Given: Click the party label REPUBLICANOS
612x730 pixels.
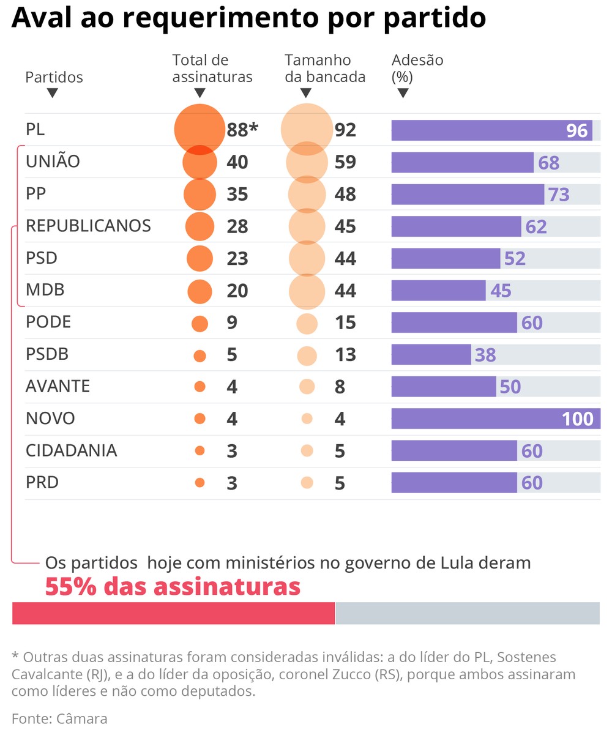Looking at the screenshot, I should click(88, 226).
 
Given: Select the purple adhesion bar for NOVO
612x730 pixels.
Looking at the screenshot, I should click(477, 419).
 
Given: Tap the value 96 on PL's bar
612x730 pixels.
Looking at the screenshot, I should click(577, 130).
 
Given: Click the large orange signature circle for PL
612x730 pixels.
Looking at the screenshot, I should click(200, 129).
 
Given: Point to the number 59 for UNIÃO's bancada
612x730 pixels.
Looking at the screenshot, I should click(345, 162).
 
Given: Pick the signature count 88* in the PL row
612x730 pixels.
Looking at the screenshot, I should click(242, 130).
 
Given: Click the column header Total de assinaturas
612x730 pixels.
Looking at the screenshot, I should click(212, 69).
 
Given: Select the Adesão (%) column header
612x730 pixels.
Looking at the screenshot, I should click(417, 69).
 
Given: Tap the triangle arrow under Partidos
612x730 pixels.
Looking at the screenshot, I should click(52, 93).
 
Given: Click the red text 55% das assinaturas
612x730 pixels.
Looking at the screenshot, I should click(173, 586).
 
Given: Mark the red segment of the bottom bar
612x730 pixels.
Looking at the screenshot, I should click(173, 613).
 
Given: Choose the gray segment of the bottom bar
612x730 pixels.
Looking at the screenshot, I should click(468, 613).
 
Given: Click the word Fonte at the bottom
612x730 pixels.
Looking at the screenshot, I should click(31, 718).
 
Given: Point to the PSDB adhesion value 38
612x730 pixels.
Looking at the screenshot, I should click(485, 355).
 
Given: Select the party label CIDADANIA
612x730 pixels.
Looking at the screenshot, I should click(71, 450).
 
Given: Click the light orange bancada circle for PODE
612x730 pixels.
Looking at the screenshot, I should click(307, 323).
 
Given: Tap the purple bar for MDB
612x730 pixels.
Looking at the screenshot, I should click(438, 290).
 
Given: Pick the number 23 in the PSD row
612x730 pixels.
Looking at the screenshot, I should click(237, 258).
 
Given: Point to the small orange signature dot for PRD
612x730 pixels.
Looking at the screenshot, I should click(200, 483).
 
